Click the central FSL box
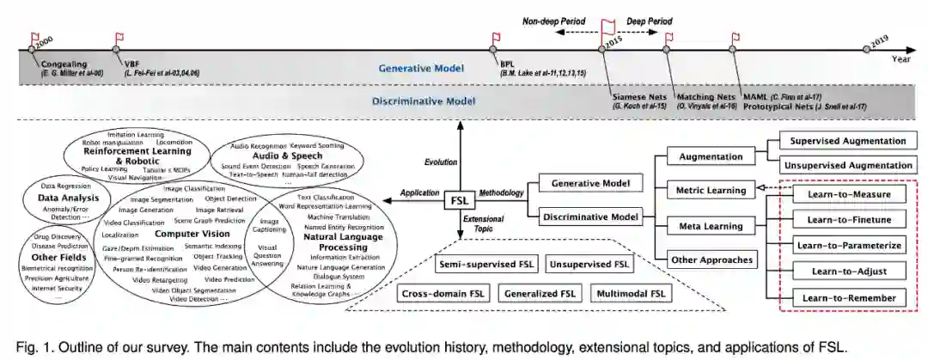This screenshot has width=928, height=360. click(x=459, y=201)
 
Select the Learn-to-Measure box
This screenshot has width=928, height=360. click(x=848, y=194)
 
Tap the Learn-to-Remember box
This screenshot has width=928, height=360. click(x=848, y=297)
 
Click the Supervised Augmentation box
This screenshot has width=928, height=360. click(x=848, y=141)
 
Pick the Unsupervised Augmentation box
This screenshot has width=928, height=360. click(x=848, y=164)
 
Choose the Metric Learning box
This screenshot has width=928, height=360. click(x=711, y=187)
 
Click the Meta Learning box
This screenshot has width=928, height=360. click(x=710, y=227)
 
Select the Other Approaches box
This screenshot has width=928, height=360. click(x=711, y=259)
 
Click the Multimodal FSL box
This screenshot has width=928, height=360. click(x=631, y=294)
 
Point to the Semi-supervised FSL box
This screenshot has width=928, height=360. click(x=485, y=263)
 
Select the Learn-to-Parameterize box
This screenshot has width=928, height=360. click(x=848, y=245)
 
